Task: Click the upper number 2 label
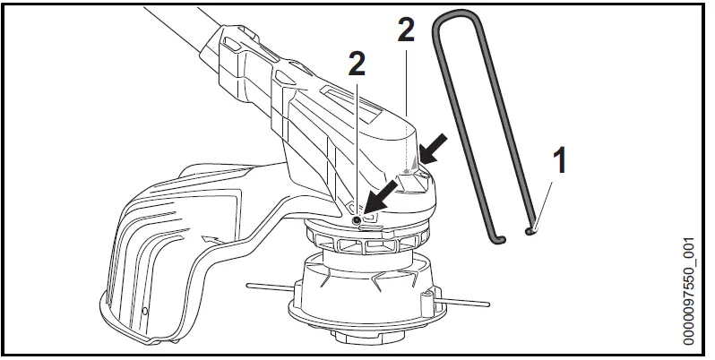(405, 31)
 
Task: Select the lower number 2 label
(357, 64)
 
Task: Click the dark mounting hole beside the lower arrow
(357, 219)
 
